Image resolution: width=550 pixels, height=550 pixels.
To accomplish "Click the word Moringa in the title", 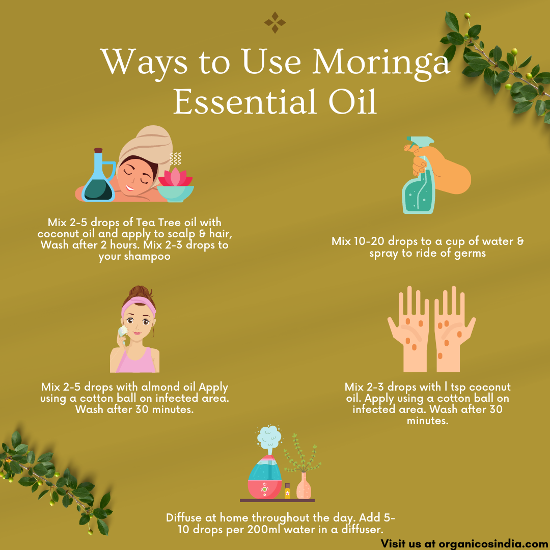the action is [x=380, y=63].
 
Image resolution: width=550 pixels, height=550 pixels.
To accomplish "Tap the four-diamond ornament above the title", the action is [x=275, y=22].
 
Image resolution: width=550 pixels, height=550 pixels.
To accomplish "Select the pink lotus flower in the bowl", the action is [x=175, y=177].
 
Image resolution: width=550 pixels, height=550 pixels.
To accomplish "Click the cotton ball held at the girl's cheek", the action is [x=123, y=331].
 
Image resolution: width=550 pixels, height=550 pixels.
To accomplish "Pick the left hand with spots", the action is [x=409, y=329].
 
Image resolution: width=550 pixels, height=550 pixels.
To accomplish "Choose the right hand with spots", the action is [x=454, y=329].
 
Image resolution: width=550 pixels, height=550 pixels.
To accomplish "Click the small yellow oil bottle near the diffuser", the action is [x=288, y=491].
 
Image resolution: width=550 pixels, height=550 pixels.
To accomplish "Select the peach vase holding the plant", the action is [x=304, y=486].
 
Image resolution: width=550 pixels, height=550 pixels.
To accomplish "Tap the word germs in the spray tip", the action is [x=470, y=253].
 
